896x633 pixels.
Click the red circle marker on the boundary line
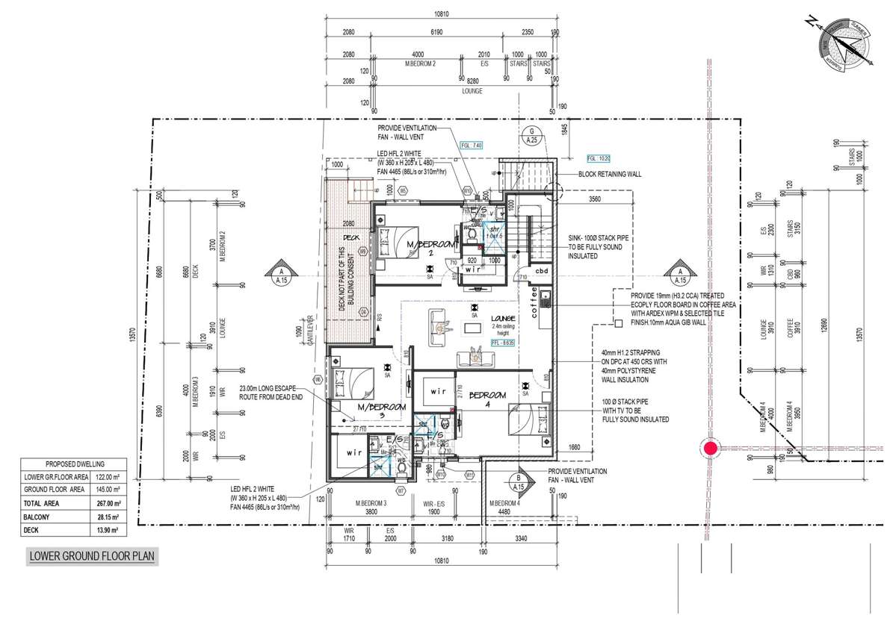tap(709, 449)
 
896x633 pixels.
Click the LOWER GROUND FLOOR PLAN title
tap(93, 556)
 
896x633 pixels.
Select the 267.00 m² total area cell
tap(108, 503)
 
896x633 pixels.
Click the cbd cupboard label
tap(542, 271)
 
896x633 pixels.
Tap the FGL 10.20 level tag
tap(599, 158)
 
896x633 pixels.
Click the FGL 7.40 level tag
tap(472, 145)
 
